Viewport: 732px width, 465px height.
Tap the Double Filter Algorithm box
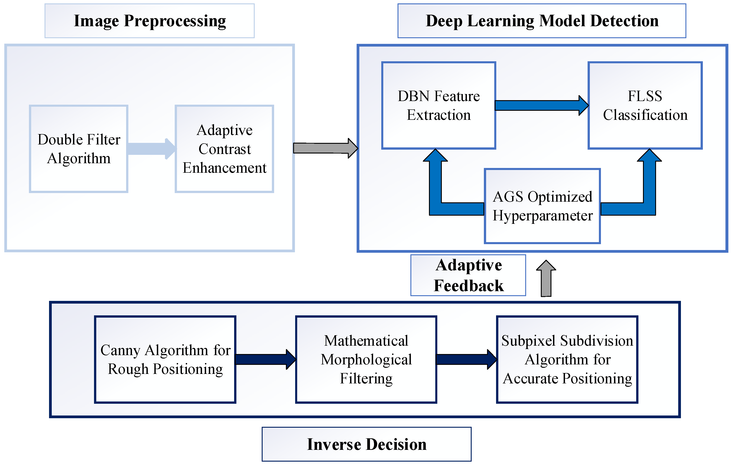point(79,149)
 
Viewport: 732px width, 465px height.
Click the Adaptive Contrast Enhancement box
point(224,149)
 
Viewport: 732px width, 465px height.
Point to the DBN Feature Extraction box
point(439,106)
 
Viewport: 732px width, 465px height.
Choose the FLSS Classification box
point(645,106)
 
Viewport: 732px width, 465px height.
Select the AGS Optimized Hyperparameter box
point(542,206)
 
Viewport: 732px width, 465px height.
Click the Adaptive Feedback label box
point(468,275)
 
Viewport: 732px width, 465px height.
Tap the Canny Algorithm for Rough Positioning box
point(165,359)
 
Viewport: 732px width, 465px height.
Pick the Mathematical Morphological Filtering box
point(366,359)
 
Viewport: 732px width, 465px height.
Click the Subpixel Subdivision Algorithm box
point(567,359)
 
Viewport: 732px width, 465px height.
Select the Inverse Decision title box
point(366,444)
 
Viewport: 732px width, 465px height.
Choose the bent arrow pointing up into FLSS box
point(649,195)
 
